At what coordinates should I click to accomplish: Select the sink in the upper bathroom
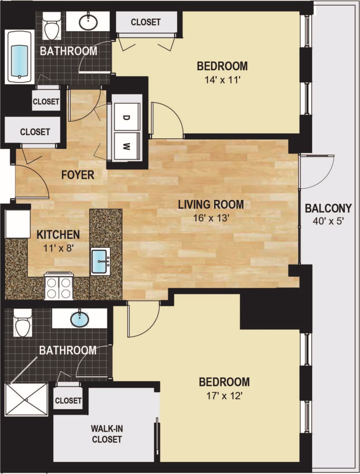[x=88, y=22]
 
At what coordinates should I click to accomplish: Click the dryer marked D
[x=125, y=118]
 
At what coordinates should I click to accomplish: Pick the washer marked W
[x=126, y=146]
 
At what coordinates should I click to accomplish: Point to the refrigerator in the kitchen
[x=17, y=224]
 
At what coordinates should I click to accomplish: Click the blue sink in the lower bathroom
[x=79, y=320]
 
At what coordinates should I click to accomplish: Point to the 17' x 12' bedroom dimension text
[x=224, y=396]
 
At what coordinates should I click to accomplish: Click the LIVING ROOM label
[x=211, y=205]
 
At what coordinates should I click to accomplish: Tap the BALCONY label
[x=328, y=208]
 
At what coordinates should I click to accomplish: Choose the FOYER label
[x=78, y=175]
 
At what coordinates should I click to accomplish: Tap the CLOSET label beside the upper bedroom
[x=145, y=22]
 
